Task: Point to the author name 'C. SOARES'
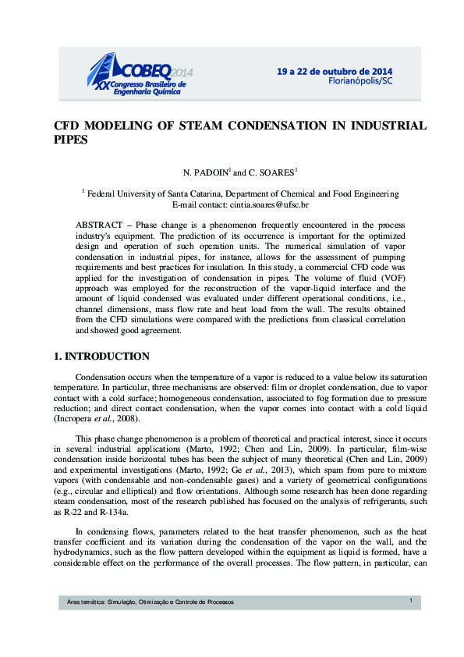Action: (x=271, y=172)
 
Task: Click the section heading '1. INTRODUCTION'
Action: (x=101, y=357)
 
